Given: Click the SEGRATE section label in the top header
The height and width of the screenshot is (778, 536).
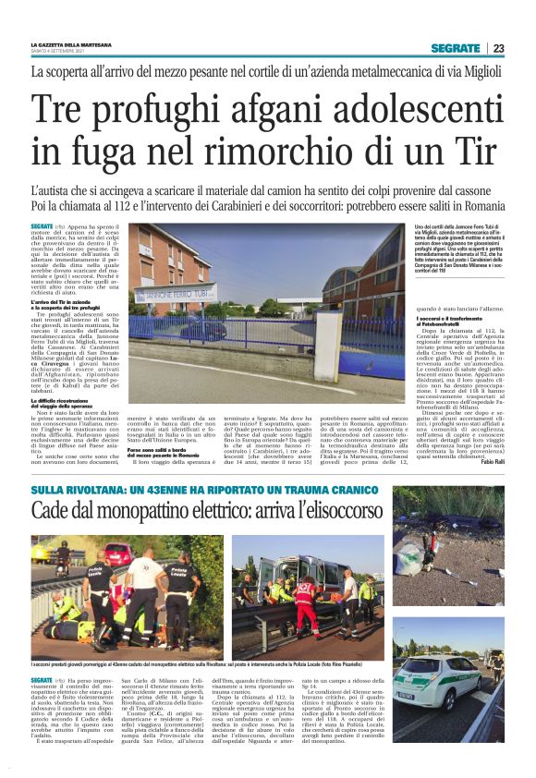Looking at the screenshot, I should coord(456,48).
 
